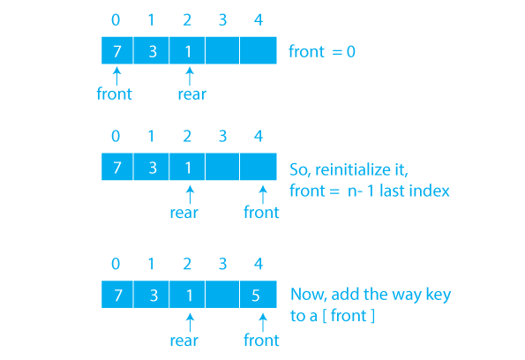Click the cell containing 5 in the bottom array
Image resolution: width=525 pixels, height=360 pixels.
click(259, 295)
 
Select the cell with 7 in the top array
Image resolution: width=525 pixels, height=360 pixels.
click(117, 50)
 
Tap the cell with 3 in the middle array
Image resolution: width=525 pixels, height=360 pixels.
click(152, 167)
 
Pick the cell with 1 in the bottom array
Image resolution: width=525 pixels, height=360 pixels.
click(187, 295)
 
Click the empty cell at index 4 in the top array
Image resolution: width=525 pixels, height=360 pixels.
click(259, 50)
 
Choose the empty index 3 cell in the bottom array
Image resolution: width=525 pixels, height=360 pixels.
click(222, 295)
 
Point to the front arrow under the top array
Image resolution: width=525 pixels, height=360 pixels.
click(116, 76)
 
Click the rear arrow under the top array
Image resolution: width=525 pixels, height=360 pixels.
click(190, 76)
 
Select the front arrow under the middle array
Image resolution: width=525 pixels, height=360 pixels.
click(263, 195)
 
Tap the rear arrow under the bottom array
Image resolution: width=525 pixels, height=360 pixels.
click(190, 322)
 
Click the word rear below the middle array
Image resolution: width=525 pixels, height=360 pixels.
click(184, 213)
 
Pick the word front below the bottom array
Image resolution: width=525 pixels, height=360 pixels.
click(261, 341)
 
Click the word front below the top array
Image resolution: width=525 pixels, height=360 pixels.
click(114, 94)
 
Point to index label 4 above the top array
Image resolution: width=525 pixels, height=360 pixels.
click(259, 19)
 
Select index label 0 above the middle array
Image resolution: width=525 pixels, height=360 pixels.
click(116, 136)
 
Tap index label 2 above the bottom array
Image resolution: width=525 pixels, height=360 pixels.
click(187, 264)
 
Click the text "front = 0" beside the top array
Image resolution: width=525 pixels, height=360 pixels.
click(322, 51)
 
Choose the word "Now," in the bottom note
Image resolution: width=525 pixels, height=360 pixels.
click(309, 295)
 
